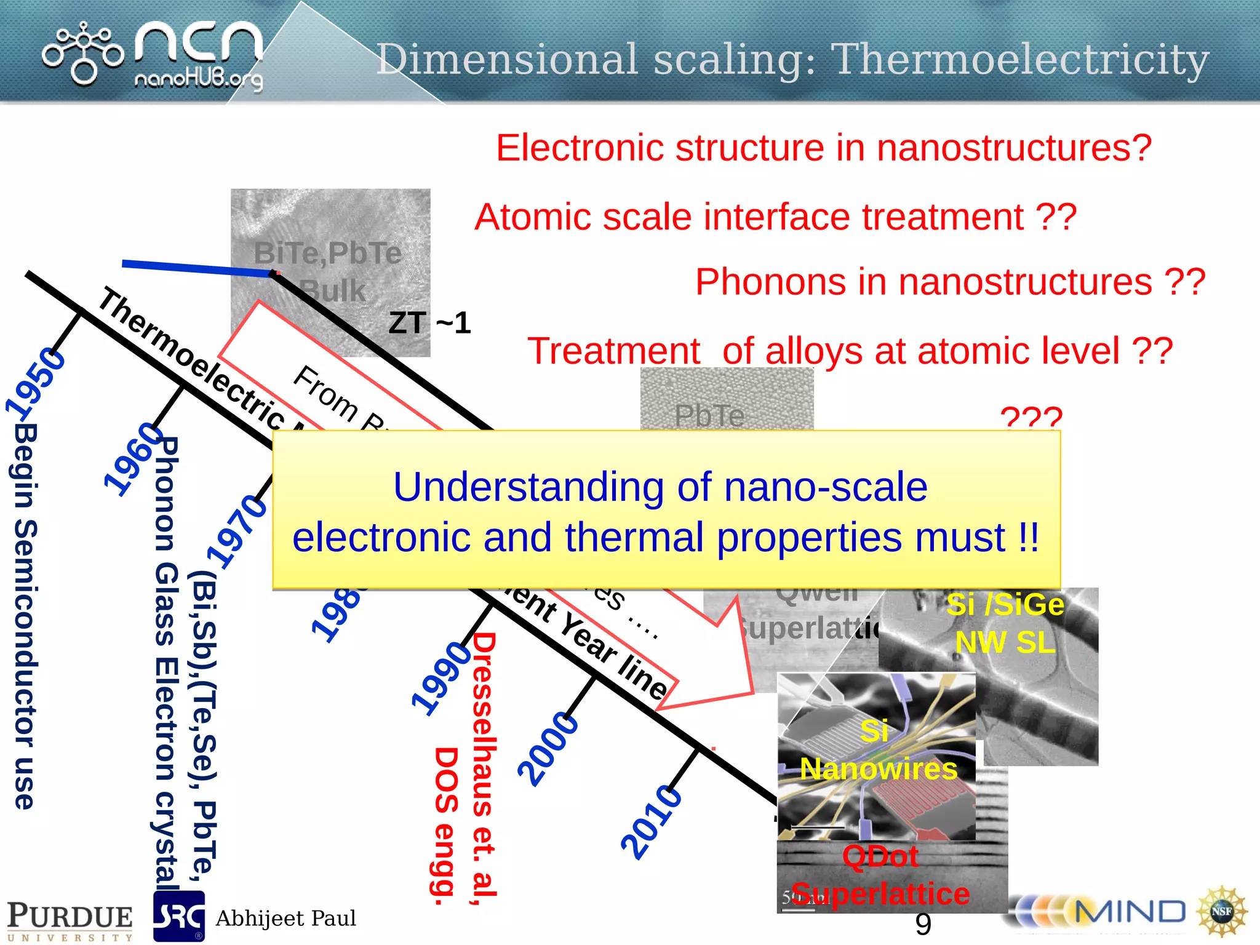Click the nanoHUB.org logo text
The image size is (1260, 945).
tap(198, 79)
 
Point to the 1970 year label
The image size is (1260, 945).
tap(237, 532)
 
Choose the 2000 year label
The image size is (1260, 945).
tap(548, 749)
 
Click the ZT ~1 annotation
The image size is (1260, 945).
tap(429, 323)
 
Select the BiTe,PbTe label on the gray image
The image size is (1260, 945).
tap(327, 253)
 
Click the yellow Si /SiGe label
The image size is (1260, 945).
tap(1005, 605)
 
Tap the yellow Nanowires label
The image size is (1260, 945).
tap(879, 769)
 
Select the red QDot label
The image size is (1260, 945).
tap(880, 856)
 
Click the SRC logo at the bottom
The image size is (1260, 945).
tap(178, 917)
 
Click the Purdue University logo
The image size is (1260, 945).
tap(70, 920)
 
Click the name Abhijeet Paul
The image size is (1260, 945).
tap(285, 919)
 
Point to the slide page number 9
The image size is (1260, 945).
tap(923, 924)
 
